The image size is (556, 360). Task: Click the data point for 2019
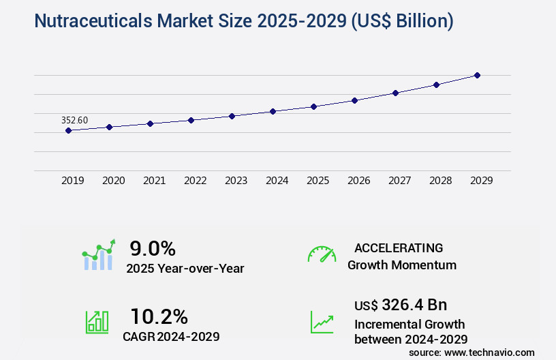click(68, 130)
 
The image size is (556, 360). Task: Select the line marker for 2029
click(477, 75)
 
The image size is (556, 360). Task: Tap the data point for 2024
click(273, 111)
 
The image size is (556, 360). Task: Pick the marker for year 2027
click(395, 93)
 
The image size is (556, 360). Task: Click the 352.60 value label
click(74, 120)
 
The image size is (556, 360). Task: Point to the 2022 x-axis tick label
click(195, 181)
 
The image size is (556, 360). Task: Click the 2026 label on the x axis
click(358, 181)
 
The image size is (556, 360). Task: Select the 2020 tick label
click(113, 181)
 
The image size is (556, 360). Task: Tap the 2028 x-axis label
click(440, 181)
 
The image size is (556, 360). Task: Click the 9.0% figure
click(153, 248)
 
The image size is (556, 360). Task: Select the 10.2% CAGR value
click(159, 316)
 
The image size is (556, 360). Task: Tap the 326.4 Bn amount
click(414, 305)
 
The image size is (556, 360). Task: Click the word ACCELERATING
click(399, 247)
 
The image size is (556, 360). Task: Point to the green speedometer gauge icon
click(322, 254)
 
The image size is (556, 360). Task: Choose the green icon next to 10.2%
click(97, 322)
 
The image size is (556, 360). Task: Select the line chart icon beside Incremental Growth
click(322, 322)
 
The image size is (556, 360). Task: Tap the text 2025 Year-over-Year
click(185, 269)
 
